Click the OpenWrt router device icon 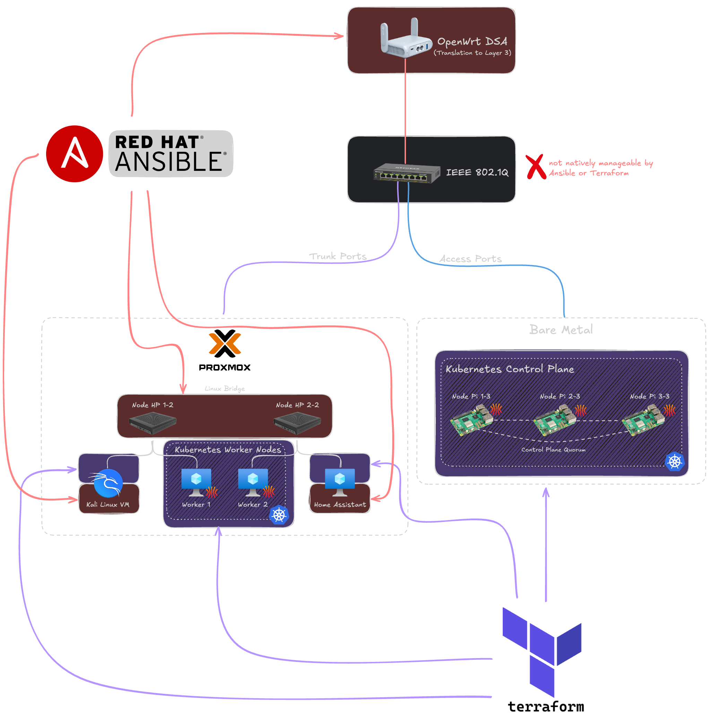[x=406, y=38]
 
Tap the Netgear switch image [x=407, y=173]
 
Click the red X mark [x=536, y=167]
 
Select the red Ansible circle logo [x=75, y=154]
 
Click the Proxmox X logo [x=225, y=343]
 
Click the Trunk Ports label [x=338, y=256]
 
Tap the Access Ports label [x=471, y=259]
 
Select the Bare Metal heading [x=561, y=330]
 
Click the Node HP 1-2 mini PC [x=153, y=423]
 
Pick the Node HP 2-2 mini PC [x=297, y=423]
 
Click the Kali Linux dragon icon [x=107, y=483]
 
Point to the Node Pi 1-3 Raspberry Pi [x=472, y=420]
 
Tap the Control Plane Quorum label [x=553, y=449]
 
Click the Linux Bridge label [x=225, y=388]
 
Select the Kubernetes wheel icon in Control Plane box [x=674, y=462]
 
